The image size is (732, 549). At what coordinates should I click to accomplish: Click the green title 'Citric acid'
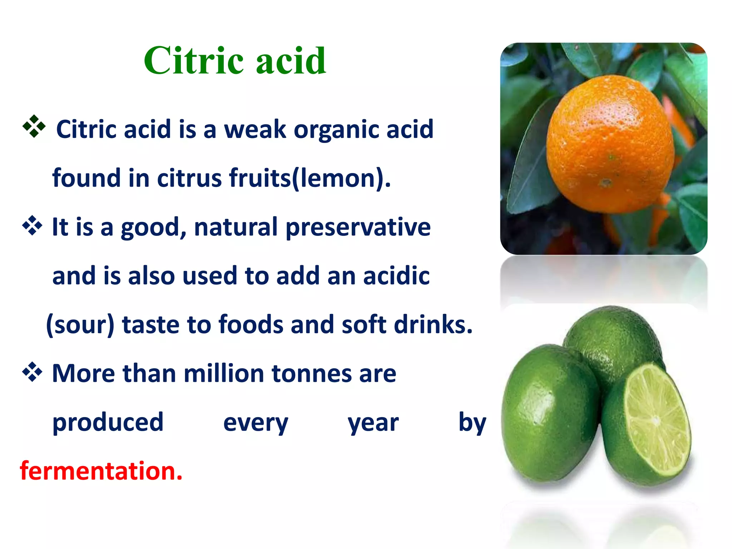pos(235,60)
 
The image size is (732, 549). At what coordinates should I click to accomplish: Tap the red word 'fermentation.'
pos(101,471)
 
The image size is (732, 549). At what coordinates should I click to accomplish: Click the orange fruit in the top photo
pos(610,145)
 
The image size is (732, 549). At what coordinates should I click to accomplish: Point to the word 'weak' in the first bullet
pos(255,129)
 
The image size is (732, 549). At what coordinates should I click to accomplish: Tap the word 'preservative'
pos(358,227)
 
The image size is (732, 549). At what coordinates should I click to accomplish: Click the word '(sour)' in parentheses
pos(80,325)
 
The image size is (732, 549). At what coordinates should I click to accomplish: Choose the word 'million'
pos(224,373)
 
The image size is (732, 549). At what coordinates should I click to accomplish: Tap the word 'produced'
pos(108,422)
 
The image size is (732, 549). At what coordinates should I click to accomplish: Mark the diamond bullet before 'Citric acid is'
pos(34,126)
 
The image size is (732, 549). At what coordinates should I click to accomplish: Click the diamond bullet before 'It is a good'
pos(33,226)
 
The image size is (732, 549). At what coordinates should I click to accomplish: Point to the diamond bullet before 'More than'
pos(33,372)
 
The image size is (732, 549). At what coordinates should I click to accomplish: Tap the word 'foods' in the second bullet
pos(251,325)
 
